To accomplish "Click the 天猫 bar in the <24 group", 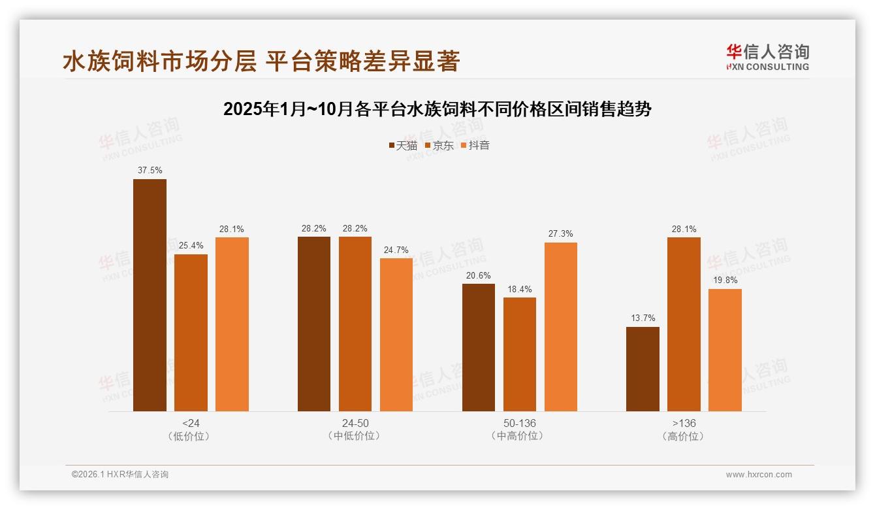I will (x=150, y=295).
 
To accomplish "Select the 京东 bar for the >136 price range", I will (x=684, y=324).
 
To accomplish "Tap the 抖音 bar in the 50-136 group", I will (x=561, y=327).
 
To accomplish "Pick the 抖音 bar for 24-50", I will (x=396, y=335).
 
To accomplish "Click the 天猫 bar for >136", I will (x=643, y=369).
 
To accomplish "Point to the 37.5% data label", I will (x=150, y=171).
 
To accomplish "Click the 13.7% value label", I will (x=643, y=318).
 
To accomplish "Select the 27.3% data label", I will (x=561, y=234).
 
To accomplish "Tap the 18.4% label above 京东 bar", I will (x=519, y=289).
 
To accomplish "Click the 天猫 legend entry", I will (x=403, y=145).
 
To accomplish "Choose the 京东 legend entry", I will (x=439, y=145).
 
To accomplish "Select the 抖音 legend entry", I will (x=475, y=145).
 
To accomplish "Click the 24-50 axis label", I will (x=355, y=423).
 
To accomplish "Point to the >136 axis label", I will (x=683, y=423).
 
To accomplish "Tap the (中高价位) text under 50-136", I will (x=519, y=436).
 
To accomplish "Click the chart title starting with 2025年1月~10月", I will (x=438, y=109).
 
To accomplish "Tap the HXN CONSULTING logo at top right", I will (x=767, y=58).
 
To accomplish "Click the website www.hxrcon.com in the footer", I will (x=759, y=475).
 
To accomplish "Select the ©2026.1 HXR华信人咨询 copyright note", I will (x=120, y=475).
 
